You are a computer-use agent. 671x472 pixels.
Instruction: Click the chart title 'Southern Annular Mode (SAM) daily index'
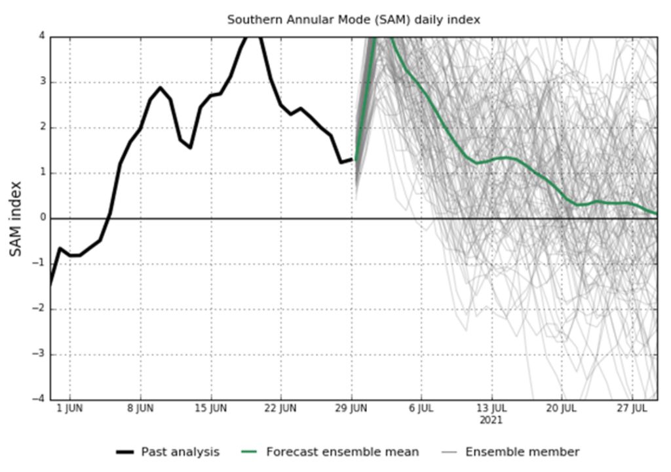click(353, 20)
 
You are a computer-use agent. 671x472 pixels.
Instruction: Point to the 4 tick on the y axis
click(41, 37)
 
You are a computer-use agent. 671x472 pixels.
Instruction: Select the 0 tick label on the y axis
click(41, 218)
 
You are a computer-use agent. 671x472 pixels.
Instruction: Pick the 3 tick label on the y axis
click(41, 83)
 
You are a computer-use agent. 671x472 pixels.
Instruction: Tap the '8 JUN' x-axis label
click(140, 408)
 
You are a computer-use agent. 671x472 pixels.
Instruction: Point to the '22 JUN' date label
click(280, 408)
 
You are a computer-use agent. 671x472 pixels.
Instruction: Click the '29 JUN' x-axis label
click(351, 408)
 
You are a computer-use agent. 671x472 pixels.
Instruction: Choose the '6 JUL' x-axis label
click(421, 408)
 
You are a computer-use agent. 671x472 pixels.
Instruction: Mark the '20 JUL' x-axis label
click(562, 408)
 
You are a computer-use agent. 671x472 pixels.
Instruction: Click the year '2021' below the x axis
click(491, 420)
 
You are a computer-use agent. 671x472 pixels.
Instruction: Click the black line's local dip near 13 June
click(190, 147)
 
